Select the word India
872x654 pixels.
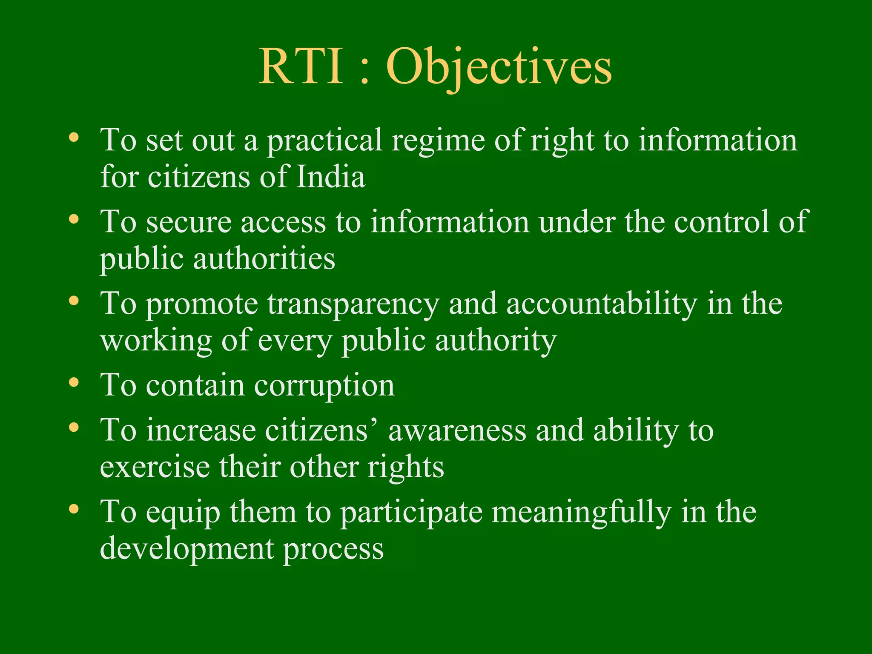coord(330,177)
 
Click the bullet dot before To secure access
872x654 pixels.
coord(74,219)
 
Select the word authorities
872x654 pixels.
coord(264,259)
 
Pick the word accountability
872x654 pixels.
coord(601,304)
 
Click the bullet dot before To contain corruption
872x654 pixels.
coord(74,382)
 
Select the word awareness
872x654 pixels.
coord(457,430)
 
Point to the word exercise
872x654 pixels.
coord(155,467)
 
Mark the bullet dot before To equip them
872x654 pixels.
coord(74,508)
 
